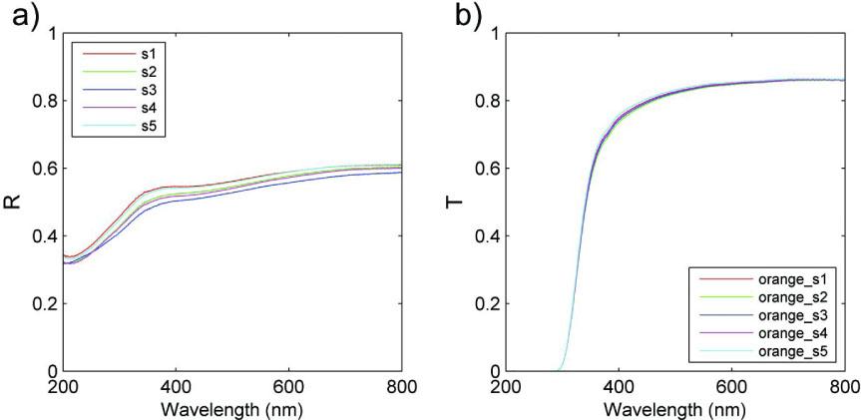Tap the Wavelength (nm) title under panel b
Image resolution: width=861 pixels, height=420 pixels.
675,407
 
